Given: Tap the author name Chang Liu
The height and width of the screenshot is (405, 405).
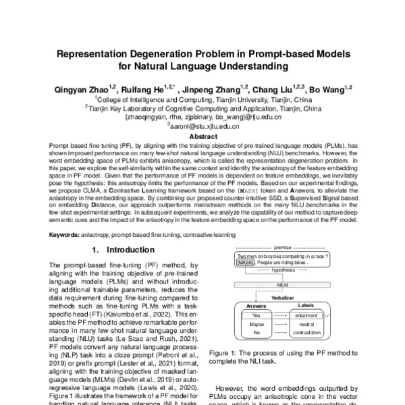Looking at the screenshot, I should [x=275, y=88].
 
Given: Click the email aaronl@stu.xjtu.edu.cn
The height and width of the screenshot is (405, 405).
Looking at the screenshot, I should [x=202, y=126].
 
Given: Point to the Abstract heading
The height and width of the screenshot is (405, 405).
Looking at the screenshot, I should [x=202, y=136].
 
